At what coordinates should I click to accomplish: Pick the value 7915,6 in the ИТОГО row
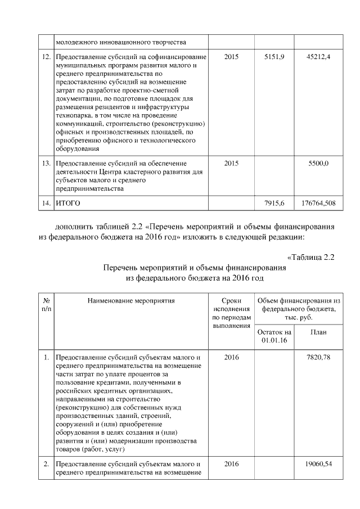(x=274, y=202)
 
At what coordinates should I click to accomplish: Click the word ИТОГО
(x=67, y=202)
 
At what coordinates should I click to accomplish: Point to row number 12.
(x=47, y=58)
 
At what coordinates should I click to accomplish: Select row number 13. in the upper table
(x=47, y=164)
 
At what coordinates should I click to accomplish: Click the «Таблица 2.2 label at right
(x=311, y=258)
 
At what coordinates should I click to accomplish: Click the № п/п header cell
(x=46, y=305)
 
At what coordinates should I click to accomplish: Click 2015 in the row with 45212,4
(x=231, y=58)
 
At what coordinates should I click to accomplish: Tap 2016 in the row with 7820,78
(x=231, y=357)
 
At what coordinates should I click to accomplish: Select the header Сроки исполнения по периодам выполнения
(x=231, y=313)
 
